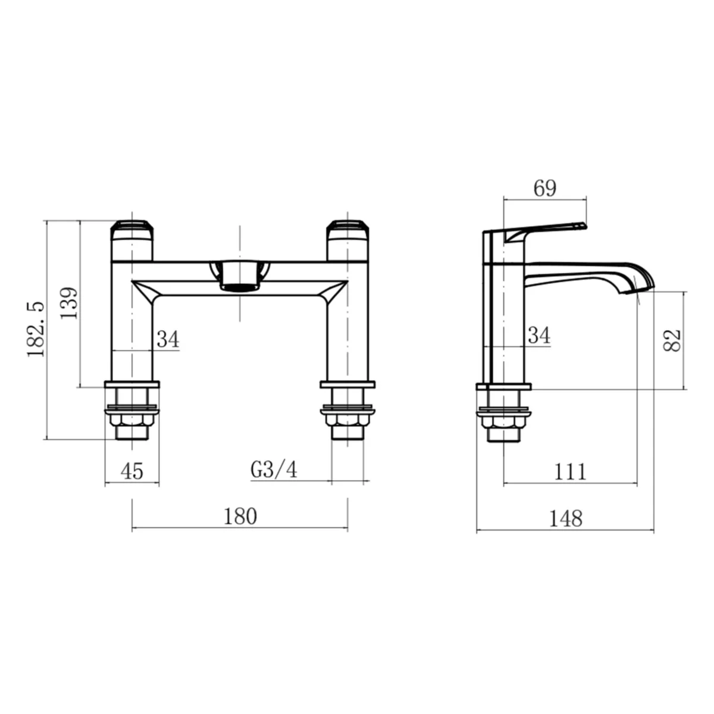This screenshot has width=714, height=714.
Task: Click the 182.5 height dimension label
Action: click(36, 329)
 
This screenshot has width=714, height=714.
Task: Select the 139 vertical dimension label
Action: click(69, 303)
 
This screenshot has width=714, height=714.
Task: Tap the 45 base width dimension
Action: click(132, 471)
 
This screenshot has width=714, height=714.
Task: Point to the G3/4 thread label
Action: click(274, 469)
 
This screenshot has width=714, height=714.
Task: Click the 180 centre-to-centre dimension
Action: click(240, 516)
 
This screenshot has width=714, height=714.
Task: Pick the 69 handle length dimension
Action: click(544, 188)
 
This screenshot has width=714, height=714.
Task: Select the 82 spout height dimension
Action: click(673, 340)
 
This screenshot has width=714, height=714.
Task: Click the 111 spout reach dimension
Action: click(570, 472)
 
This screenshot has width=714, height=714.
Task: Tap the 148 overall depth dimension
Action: click(565, 519)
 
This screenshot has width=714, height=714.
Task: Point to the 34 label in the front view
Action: click(167, 340)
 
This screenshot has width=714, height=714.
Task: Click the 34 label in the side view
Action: click(538, 336)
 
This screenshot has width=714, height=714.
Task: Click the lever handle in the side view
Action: click(544, 231)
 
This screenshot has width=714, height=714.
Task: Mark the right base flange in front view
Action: click(347, 384)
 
